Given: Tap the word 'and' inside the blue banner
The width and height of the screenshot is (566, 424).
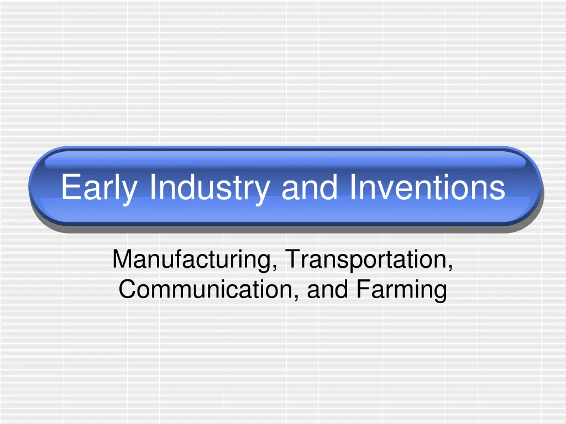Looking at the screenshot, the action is coord(310,187).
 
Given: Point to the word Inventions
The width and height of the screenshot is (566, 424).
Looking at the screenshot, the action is coord(427,187).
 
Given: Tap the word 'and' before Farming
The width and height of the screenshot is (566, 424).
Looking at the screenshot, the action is coord(327,289).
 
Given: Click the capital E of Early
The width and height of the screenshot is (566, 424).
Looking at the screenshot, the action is coord(71,186).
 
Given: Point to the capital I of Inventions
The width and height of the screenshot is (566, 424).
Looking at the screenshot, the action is coord(353,186).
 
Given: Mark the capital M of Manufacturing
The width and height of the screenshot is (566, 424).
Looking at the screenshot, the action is coord(123,258).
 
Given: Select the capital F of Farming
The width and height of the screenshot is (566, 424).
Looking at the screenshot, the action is coord(363,289).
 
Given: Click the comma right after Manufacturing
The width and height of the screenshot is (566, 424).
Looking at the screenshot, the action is coord(275,269).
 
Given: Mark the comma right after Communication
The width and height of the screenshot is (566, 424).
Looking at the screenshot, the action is coord(296,299).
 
